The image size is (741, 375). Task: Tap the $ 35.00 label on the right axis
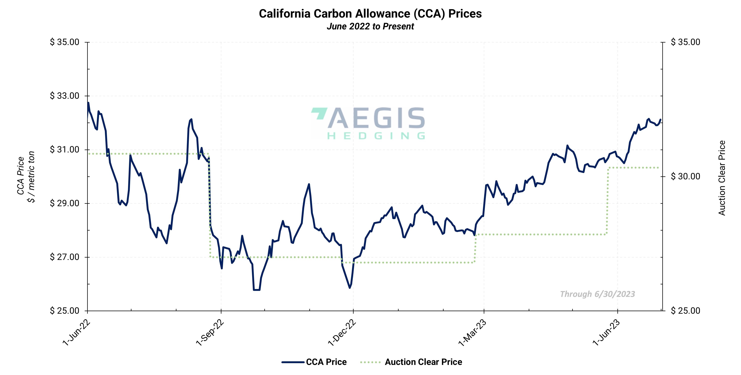685,42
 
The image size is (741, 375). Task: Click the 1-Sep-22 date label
210,332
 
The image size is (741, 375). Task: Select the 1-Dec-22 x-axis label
342,332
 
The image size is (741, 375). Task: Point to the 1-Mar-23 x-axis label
472,332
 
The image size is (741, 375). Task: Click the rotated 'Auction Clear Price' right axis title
722,178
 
